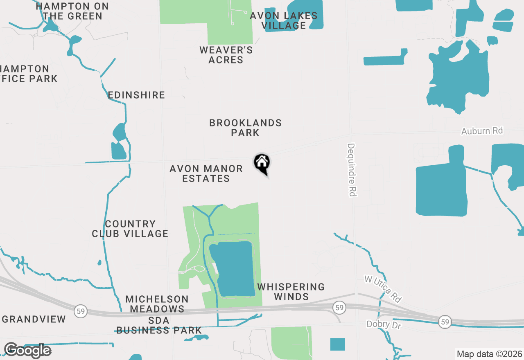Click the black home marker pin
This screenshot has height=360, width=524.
tap(262, 163)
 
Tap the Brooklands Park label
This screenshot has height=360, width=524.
tap(245, 128)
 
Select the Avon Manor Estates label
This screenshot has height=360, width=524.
tap(206, 173)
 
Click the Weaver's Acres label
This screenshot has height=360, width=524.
tap(226, 55)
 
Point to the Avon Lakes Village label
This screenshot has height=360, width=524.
tap(284, 20)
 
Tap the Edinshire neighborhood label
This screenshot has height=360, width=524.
tap(136, 95)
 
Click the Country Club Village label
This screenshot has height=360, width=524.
tap(130, 229)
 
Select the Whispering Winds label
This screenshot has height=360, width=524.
tap(291, 292)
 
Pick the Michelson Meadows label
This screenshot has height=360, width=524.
tap(157, 304)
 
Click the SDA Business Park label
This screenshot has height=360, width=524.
tap(159, 325)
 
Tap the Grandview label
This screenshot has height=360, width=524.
tap(34, 319)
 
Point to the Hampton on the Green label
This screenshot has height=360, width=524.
tap(72, 11)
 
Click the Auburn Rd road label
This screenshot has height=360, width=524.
tap(482, 131)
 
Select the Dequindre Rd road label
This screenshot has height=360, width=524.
tap(352, 170)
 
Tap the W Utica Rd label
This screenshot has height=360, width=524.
tap(383, 289)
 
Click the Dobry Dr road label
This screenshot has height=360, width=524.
tap(384, 325)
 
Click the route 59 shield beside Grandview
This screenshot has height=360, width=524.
tap(81, 310)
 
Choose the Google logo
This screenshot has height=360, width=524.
tap(27, 351)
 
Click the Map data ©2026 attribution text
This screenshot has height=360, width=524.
tap(489, 354)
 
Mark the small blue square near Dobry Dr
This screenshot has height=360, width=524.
tap(338, 344)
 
